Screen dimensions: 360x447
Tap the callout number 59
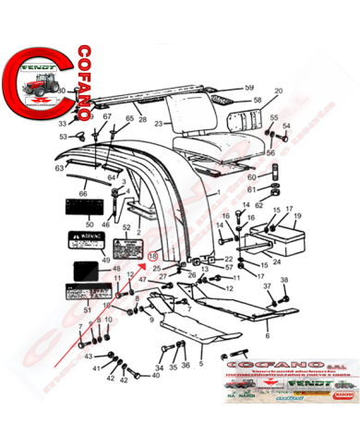(x=248, y=88)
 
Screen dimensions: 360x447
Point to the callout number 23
(x=158, y=122)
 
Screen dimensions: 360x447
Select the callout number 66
(x=84, y=194)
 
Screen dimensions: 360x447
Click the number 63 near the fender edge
(x=58, y=170)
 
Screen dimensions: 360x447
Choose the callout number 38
(x=283, y=280)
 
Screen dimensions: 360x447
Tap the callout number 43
(x=89, y=356)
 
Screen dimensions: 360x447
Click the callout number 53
(x=63, y=137)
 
